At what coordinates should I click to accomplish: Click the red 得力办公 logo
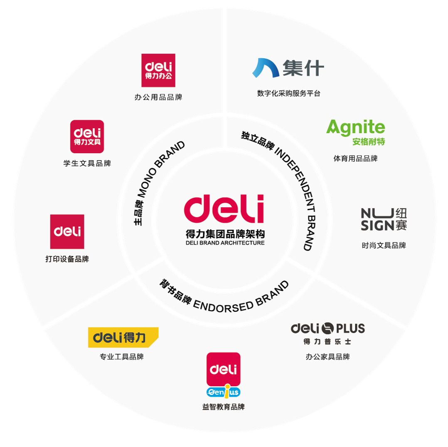(x=158, y=70)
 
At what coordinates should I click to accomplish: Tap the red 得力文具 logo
(x=87, y=137)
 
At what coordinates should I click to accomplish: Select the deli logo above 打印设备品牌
(x=67, y=231)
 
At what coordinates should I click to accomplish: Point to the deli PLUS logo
(x=327, y=333)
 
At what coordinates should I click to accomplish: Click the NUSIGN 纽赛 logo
(x=384, y=220)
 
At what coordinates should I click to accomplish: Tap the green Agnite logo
(x=356, y=132)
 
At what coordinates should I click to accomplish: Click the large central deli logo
(x=224, y=209)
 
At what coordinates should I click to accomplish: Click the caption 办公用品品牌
(x=158, y=97)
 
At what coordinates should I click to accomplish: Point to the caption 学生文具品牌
(x=87, y=163)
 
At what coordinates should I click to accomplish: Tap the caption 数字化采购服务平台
(x=288, y=94)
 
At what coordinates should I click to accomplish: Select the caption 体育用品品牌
(x=355, y=158)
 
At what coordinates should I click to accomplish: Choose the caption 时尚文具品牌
(x=384, y=246)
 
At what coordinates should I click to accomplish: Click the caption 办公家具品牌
(x=327, y=357)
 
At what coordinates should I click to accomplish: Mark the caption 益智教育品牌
(x=223, y=407)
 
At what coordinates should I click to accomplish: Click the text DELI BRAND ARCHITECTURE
(x=225, y=243)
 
